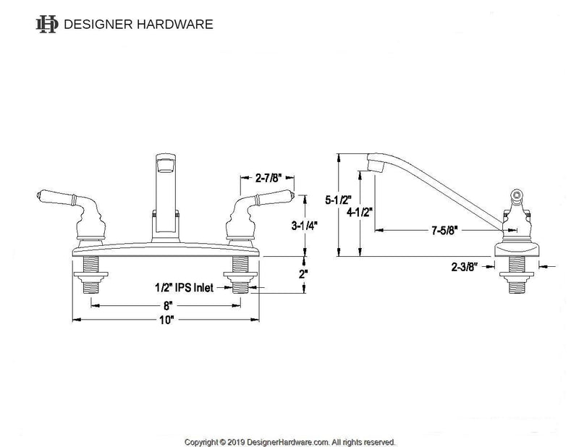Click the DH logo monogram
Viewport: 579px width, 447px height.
pyautogui.click(x=47, y=24)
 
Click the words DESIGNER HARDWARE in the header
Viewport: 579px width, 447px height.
pyautogui.click(x=139, y=24)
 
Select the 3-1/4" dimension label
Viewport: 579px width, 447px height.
pyautogui.click(x=303, y=225)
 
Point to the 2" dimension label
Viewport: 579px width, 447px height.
pyautogui.click(x=303, y=274)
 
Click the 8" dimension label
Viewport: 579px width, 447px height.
pyautogui.click(x=168, y=306)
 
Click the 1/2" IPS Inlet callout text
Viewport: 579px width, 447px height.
pyautogui.click(x=185, y=287)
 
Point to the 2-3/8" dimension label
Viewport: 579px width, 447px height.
pyautogui.click(x=463, y=267)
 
